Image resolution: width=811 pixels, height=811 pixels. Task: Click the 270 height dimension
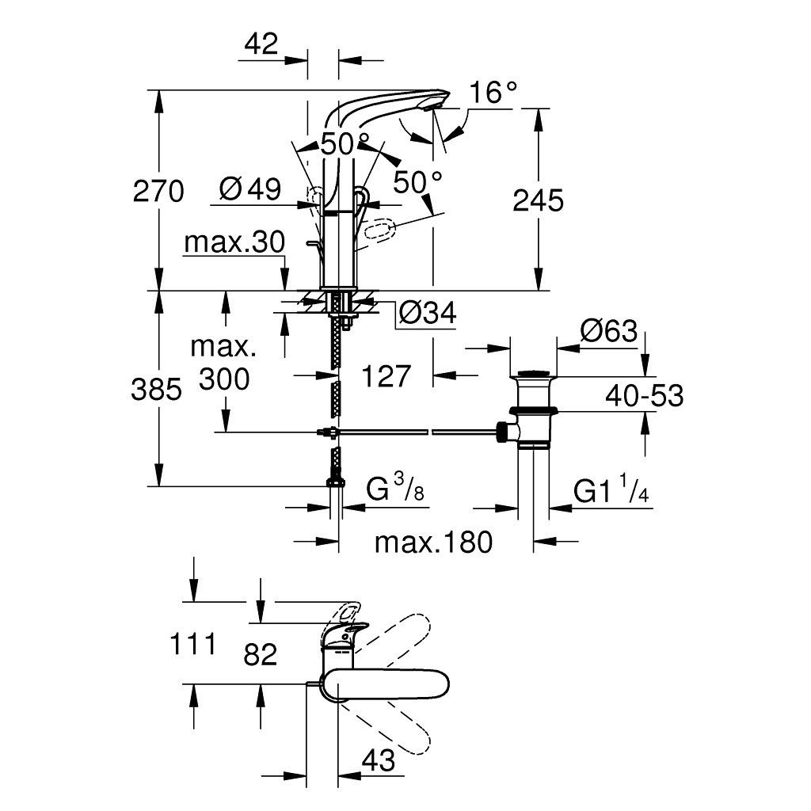coord(158,192)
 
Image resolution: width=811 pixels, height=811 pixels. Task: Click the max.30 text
coord(234,243)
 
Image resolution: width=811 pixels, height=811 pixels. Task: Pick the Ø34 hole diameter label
coord(428,314)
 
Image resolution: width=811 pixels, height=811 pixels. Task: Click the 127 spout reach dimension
coord(387,376)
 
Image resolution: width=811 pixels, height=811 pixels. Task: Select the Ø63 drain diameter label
coord(607,331)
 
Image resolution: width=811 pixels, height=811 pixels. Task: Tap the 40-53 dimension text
coord(644,394)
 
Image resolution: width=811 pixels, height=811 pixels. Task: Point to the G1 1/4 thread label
coord(611,493)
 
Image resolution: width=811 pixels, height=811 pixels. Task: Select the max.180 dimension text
coord(433,543)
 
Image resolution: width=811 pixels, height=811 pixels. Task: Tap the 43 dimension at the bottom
coord(378,761)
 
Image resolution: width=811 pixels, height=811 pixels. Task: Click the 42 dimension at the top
coord(261,44)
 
